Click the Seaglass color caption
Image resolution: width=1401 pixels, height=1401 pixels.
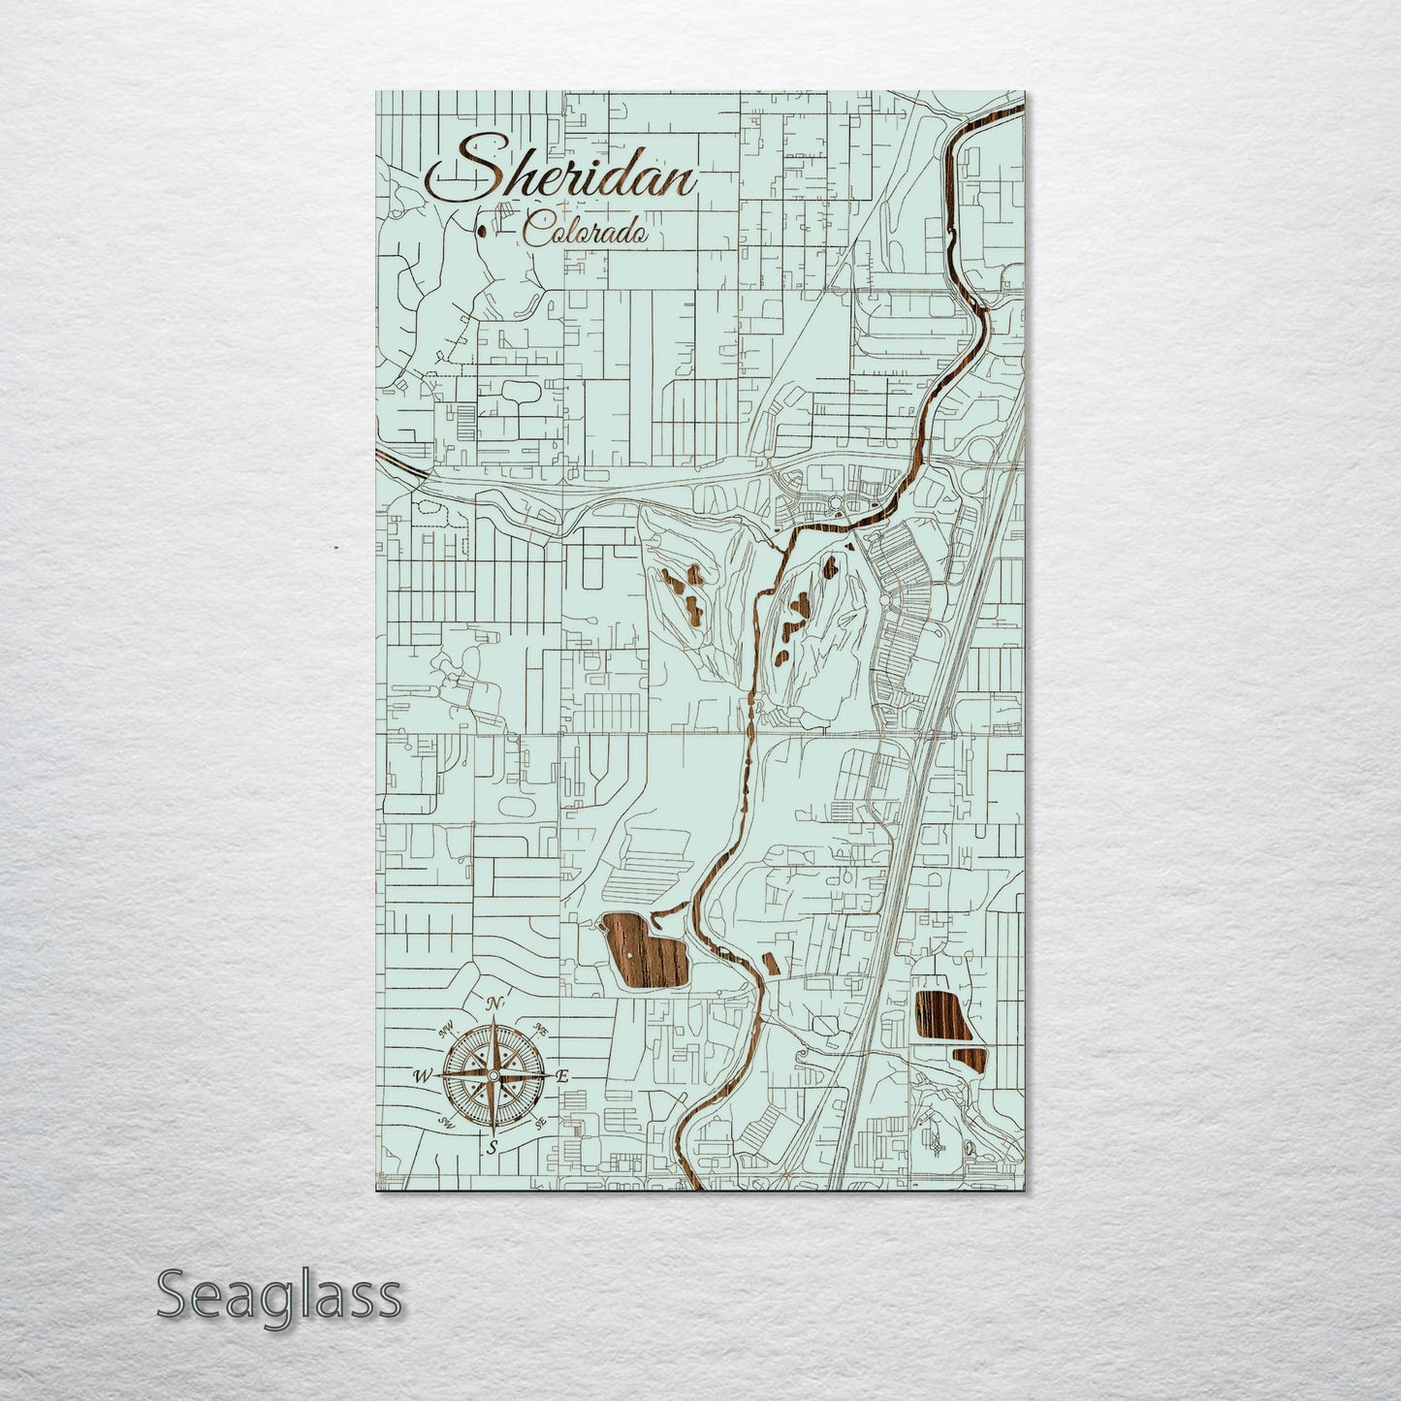point(278,1295)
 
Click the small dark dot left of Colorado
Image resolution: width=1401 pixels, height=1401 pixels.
point(482,232)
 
